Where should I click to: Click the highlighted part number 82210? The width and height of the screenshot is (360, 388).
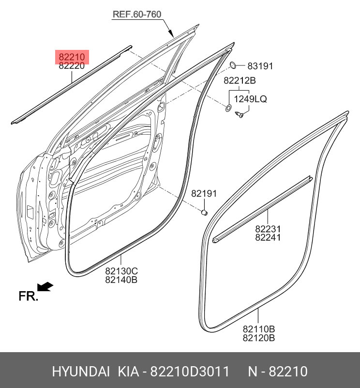[x=72, y=57]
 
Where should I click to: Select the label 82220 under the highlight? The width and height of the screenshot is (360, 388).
[x=72, y=66]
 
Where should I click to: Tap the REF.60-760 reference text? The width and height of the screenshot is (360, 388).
[x=137, y=14]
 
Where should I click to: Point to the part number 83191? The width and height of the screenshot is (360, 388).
[x=260, y=66]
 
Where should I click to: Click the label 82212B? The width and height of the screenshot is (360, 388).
[x=240, y=81]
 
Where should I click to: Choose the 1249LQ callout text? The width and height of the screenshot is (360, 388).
[x=250, y=99]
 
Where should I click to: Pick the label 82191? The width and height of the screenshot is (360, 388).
[x=204, y=193]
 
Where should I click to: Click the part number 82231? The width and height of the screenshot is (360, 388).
[x=268, y=229]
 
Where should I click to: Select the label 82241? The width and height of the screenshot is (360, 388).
[x=268, y=237]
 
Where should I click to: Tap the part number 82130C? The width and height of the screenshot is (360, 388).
[x=121, y=271]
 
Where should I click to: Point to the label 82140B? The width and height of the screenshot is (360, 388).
[x=121, y=280]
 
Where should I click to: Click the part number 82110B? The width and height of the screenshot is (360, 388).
[x=258, y=329]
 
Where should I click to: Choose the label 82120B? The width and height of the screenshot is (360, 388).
[x=258, y=338]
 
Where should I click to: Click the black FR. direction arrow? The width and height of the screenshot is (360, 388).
[x=45, y=287]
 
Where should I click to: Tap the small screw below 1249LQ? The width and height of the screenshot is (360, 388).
[x=239, y=115]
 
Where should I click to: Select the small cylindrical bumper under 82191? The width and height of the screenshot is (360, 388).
[x=204, y=212]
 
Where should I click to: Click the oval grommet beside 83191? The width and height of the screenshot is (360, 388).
[x=233, y=65]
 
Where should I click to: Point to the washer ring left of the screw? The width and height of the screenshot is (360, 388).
[x=228, y=108]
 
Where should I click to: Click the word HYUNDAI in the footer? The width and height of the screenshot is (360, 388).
[x=81, y=372]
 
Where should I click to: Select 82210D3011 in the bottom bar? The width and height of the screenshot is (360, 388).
[x=190, y=372]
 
